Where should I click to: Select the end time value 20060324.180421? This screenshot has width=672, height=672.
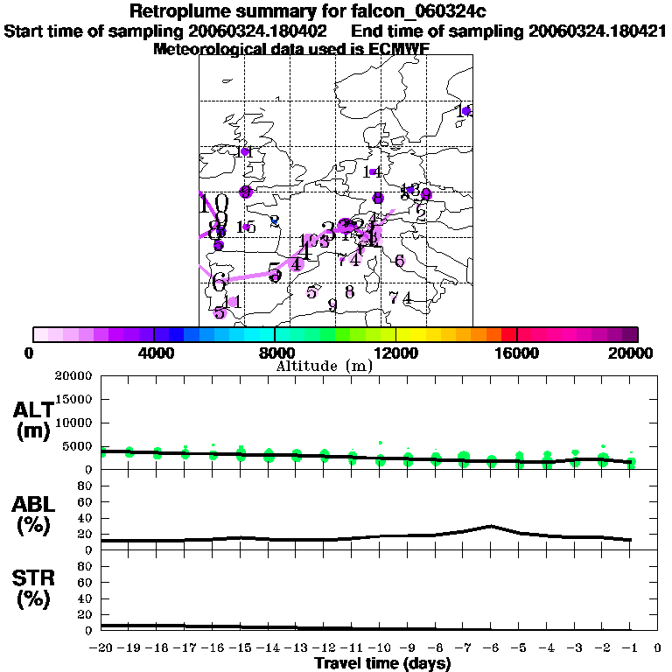[x=598, y=31]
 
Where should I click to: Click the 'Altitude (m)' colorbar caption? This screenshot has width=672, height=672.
[x=324, y=366]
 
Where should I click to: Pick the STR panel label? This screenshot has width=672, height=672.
[x=32, y=586]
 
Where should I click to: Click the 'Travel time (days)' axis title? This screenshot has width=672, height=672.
[x=382, y=663]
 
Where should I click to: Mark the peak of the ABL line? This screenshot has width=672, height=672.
[x=492, y=526]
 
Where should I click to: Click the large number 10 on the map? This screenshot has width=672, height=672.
[x=214, y=205]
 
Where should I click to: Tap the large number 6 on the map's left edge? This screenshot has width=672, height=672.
[x=219, y=282]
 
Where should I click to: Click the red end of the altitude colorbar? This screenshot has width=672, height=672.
[x=508, y=334]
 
